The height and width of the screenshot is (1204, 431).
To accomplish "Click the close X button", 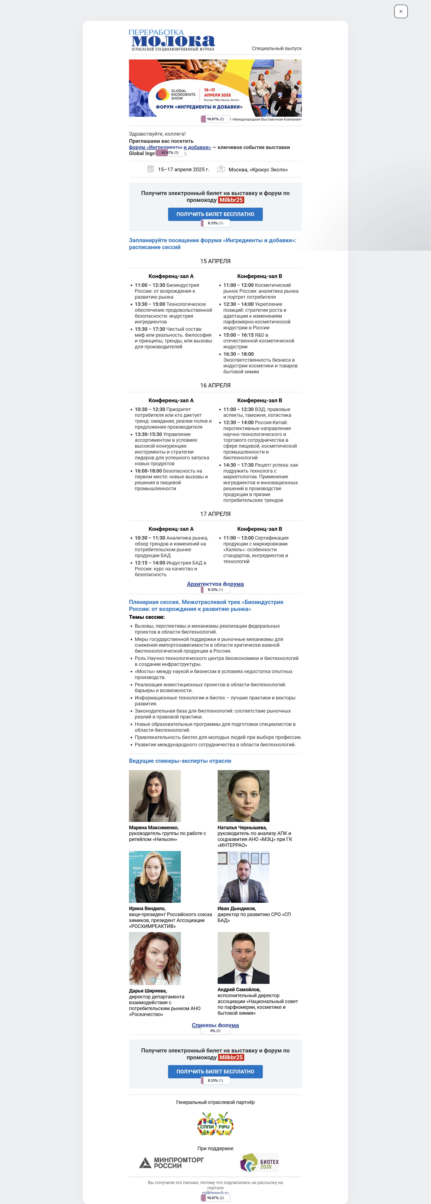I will click(x=401, y=11).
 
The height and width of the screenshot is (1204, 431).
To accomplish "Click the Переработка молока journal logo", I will click(x=172, y=40).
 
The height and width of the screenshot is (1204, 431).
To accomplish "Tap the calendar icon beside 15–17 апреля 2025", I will click(x=150, y=169).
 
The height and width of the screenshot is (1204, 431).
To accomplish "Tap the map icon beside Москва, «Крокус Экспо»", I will click(x=221, y=169).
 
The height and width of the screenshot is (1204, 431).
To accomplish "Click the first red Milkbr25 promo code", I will click(x=231, y=200).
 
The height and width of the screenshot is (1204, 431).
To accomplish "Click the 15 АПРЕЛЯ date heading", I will click(x=215, y=261).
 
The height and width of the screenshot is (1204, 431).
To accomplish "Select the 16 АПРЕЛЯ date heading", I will click(x=215, y=386).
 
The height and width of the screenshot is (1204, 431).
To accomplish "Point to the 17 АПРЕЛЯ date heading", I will click(x=215, y=514).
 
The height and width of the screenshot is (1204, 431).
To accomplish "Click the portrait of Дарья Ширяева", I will click(x=155, y=959).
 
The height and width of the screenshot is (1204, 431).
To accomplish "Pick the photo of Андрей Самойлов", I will click(x=243, y=958).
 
